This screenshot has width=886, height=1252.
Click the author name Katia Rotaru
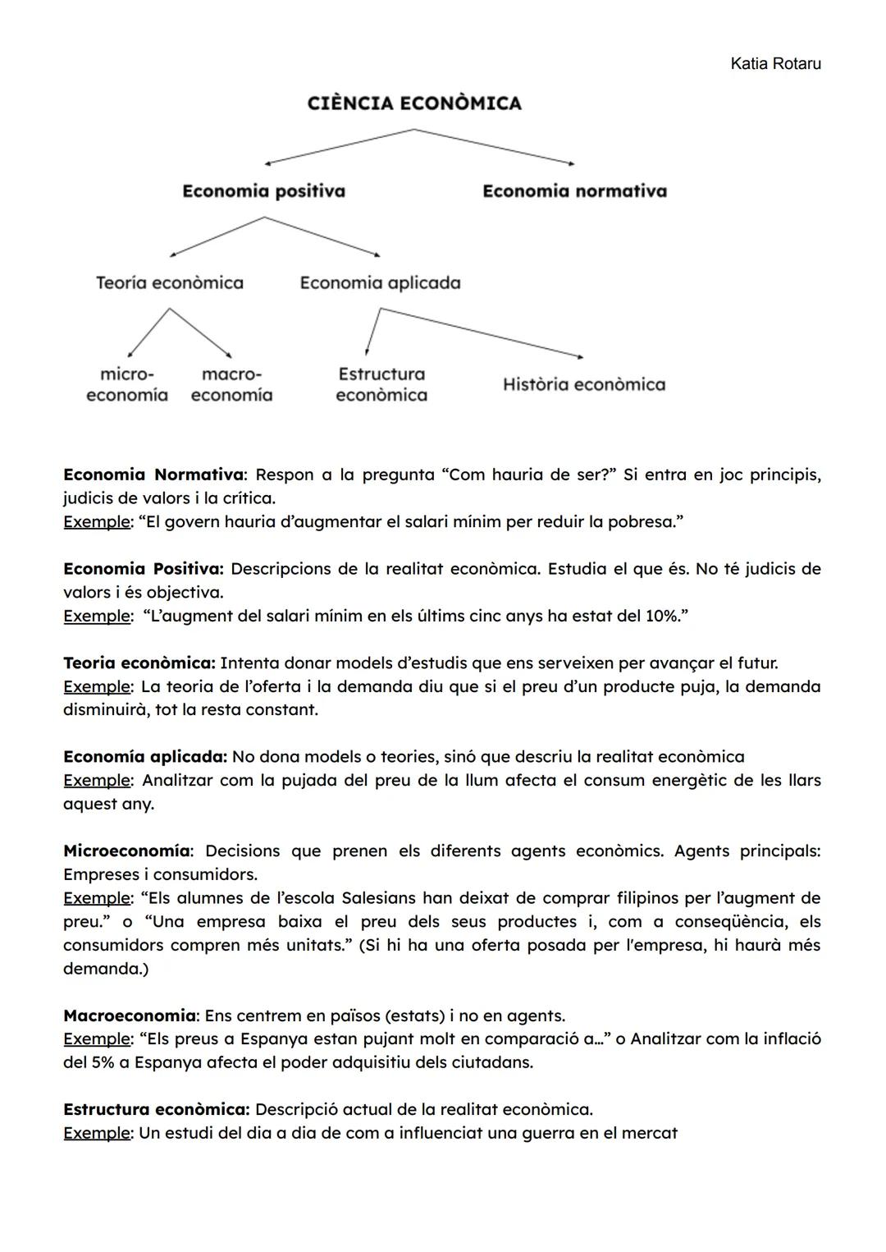pos(774,64)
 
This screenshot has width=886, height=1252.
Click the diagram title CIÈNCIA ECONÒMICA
pos(414,103)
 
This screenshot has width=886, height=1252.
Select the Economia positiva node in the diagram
pos(263,191)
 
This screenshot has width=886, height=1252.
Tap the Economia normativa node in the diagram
pos(574,191)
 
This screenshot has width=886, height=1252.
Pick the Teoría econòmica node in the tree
pos(170,283)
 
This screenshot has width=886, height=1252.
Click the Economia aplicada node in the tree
pos(380,283)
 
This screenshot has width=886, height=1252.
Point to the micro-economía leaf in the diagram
pos(127,384)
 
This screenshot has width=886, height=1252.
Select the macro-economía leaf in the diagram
pos(231,384)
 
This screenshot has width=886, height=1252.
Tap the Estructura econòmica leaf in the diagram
pos(381,384)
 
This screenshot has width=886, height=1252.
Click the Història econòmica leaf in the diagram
pos(584,384)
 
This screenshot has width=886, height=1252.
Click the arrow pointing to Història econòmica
pos(484,333)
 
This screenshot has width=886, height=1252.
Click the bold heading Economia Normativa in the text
pos(153,475)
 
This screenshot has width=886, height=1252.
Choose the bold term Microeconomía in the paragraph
pos(127,851)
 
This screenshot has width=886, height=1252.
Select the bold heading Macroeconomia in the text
pos(130,1016)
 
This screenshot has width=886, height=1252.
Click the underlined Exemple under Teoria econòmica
pos(97,686)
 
